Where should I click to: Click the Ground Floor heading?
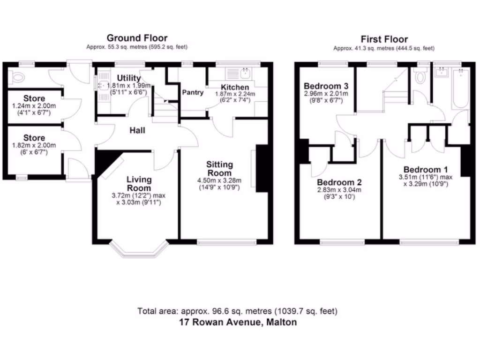pos(137,38)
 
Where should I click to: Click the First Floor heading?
pos(384,39)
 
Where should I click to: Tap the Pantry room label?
pos(193,93)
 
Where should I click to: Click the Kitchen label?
pos(235,87)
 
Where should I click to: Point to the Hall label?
pos(137,130)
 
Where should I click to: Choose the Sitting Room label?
pos(220,168)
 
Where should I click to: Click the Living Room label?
pos(139,184)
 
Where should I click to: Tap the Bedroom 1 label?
pos(422,170)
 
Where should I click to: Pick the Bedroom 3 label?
pos(326,86)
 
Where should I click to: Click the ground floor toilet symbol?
pos(18,77)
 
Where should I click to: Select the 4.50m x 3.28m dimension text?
pos(220,181)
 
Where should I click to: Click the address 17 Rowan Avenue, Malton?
pos(238,322)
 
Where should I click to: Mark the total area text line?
pos(238,311)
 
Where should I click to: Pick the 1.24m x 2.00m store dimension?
pos(34,106)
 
